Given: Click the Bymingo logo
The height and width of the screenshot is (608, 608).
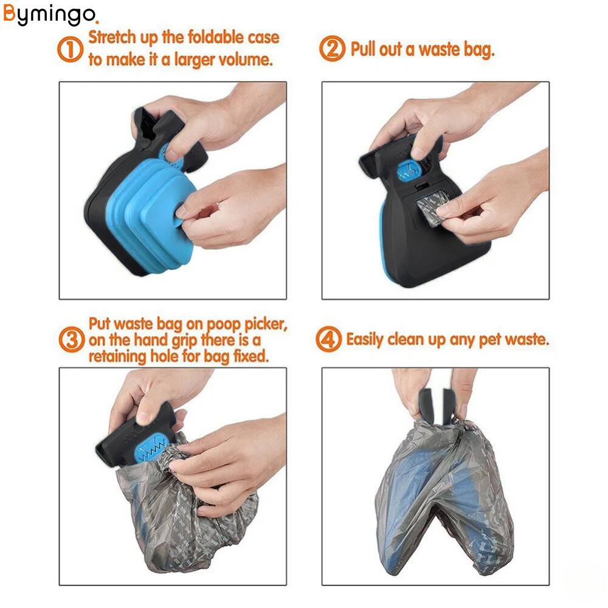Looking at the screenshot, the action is [x=50, y=15].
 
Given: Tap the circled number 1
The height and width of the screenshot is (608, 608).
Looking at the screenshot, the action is [x=70, y=49].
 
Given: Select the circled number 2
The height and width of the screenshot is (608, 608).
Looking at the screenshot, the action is [x=332, y=49].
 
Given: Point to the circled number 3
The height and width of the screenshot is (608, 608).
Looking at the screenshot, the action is [x=72, y=339].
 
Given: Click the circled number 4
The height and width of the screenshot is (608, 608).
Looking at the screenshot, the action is [x=328, y=339].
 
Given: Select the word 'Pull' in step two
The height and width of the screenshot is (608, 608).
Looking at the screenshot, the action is [x=363, y=49].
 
